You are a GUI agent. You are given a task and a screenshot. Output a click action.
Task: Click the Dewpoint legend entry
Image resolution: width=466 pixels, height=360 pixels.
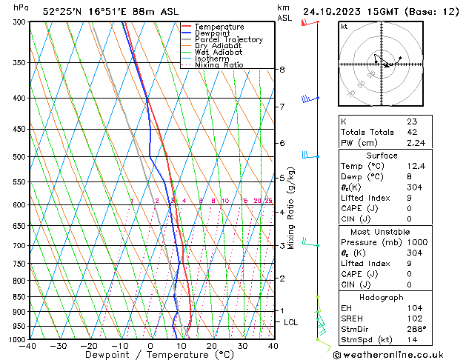(x=213, y=33)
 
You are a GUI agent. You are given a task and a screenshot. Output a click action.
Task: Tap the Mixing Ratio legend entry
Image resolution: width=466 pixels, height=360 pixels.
(x=219, y=65)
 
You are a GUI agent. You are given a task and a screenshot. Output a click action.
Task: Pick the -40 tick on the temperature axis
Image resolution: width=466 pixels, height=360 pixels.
(x=29, y=346)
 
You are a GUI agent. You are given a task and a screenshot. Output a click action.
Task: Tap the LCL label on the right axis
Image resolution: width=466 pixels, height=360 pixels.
(x=290, y=323)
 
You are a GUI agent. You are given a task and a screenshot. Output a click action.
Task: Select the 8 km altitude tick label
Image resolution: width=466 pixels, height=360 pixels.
(x=282, y=70)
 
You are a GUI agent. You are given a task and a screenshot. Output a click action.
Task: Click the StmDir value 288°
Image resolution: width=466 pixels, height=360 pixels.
(x=416, y=329)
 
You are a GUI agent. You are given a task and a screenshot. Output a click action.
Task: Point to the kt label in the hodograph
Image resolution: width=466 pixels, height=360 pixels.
(x=344, y=27)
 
